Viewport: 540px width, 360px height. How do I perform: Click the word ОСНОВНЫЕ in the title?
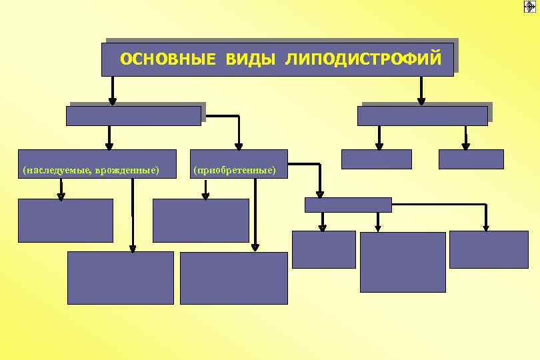[168, 60]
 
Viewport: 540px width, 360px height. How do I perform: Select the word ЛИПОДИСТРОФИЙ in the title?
[362, 60]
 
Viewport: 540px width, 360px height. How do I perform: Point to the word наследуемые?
[57, 171]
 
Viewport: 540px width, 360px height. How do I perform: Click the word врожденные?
[127, 171]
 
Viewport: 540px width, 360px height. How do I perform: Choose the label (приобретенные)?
[234, 171]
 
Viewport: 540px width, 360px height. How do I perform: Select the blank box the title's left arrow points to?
[133, 116]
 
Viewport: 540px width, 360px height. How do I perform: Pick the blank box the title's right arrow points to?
[422, 116]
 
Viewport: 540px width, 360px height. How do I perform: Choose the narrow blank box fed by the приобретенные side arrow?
[348, 205]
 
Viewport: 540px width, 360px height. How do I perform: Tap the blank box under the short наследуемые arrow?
[65, 220]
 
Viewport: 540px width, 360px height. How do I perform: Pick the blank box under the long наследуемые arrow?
[121, 277]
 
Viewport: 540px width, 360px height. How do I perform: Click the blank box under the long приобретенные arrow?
[234, 277]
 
